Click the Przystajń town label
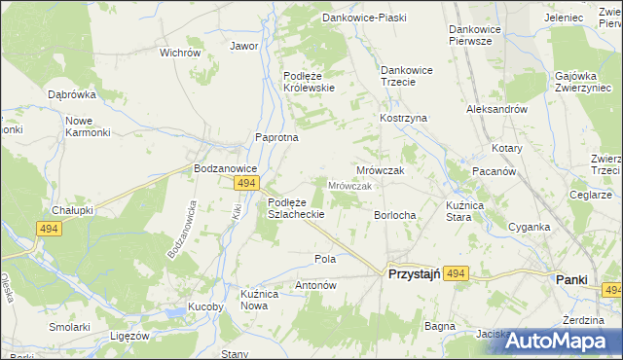click(416, 276)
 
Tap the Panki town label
click(571, 279)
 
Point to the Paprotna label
click(275, 138)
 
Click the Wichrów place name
click(179, 53)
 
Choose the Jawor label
click(243, 46)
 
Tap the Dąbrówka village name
click(71, 94)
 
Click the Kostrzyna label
click(404, 118)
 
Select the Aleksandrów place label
click(496, 110)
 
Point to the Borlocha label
click(395, 215)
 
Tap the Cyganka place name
click(530, 227)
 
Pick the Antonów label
click(315, 286)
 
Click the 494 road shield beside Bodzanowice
click(246, 183)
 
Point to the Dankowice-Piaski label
click(363, 18)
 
